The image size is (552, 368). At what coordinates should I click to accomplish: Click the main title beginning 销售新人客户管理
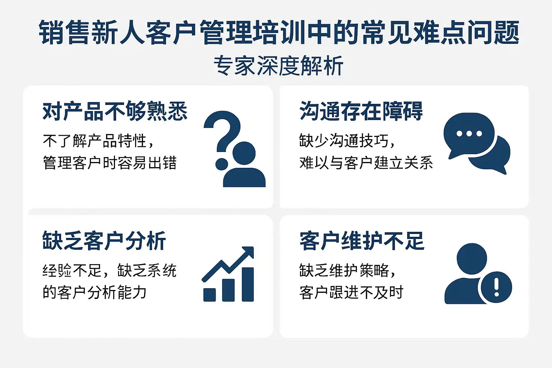coord(279,33)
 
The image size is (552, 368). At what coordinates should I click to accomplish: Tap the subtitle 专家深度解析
coord(279,65)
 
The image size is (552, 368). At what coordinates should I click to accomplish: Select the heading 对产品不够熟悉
coord(115,111)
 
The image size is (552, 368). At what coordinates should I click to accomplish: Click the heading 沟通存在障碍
coord(361,111)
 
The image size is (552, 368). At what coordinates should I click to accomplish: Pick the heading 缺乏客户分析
coord(104,241)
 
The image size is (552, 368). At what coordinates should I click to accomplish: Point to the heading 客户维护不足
coord(362,241)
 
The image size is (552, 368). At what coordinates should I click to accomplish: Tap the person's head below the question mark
coord(244,153)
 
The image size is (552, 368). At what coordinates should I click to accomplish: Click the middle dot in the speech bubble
coord(469,134)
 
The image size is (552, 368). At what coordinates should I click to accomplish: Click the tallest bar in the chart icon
coord(248,284)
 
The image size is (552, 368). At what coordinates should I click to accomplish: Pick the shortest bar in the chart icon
coord(210,295)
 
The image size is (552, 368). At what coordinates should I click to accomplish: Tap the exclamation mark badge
coord(497,287)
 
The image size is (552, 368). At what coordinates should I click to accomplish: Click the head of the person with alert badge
coord(471,258)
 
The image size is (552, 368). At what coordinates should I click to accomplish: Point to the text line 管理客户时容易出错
coord(110,163)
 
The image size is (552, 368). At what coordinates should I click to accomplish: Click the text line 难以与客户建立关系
coord(366,163)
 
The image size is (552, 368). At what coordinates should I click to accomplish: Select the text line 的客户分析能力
coord(95,292)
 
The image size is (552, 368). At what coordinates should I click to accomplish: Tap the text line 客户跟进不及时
coord(351,292)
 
